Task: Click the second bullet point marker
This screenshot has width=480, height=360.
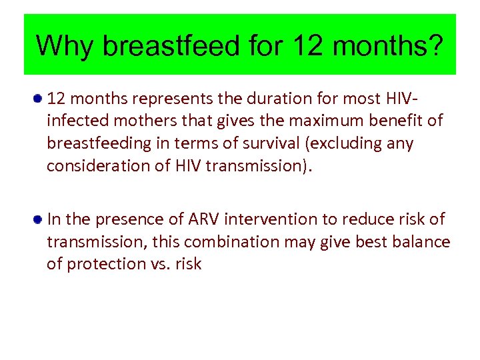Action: point(39,219)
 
